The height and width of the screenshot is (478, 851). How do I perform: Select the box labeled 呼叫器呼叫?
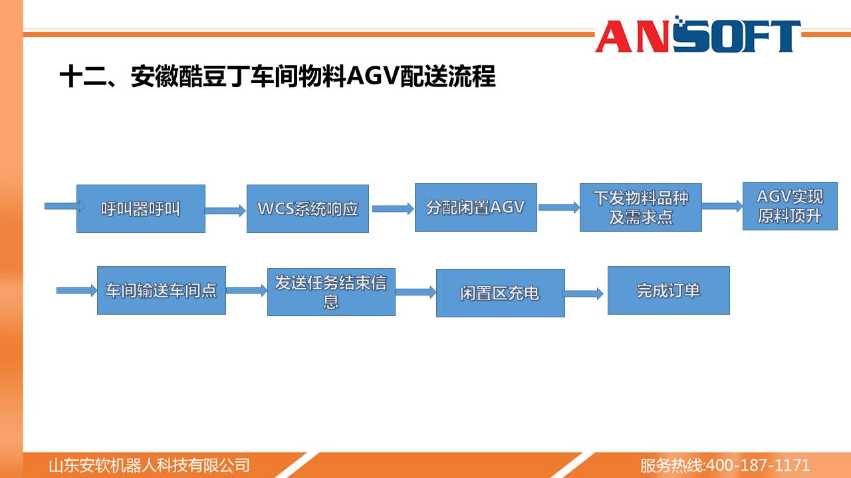[141, 208]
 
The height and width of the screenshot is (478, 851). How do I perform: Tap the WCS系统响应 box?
[308, 208]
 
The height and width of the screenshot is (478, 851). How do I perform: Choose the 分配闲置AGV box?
[475, 208]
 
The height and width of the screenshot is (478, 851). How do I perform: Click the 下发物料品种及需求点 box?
[640, 208]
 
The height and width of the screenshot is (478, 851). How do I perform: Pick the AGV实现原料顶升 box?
[790, 206]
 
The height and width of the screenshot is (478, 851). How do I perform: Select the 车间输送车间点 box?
[162, 290]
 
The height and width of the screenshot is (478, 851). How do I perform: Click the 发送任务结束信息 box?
[331, 292]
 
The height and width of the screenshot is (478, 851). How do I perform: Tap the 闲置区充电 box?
[501, 293]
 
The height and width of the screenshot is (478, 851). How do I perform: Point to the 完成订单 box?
[669, 290]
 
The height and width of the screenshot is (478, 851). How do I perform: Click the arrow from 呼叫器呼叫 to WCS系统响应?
[225, 211]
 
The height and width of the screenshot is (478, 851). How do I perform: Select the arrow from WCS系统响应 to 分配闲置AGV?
[393, 208]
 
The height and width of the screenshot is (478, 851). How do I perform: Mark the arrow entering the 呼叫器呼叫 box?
[65, 206]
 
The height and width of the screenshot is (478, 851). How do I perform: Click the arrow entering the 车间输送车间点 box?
[77, 291]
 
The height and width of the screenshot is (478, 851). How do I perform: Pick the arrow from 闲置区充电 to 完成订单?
[583, 293]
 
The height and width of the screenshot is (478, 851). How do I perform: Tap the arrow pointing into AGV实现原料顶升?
[723, 206]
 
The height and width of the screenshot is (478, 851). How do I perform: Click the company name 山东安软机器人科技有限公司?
[150, 465]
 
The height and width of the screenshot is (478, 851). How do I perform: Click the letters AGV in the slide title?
[373, 76]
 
